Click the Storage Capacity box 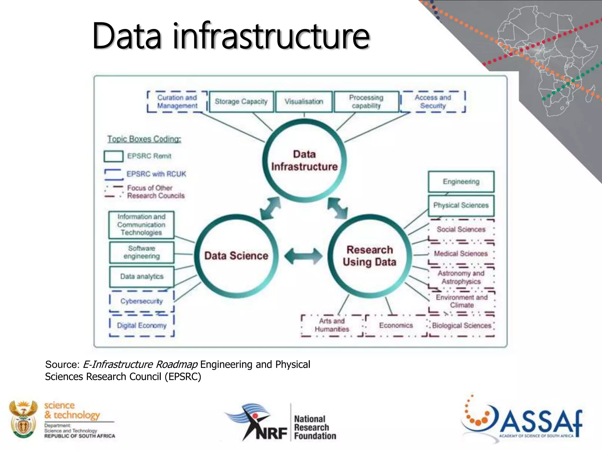click(x=241, y=102)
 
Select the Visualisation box click(x=304, y=102)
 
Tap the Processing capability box click(x=366, y=102)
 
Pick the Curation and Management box click(x=177, y=102)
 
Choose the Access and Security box click(x=433, y=102)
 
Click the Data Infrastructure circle click(x=304, y=160)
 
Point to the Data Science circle click(x=236, y=255)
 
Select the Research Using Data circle click(x=369, y=255)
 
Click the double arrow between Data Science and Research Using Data click(x=303, y=256)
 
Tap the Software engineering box click(x=142, y=252)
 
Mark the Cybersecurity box click(x=142, y=301)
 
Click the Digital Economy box click(x=142, y=325)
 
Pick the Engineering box click(x=461, y=182)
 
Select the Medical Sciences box click(x=461, y=253)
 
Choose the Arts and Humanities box click(x=332, y=325)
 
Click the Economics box click(x=396, y=325)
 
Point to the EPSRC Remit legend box click(x=113, y=156)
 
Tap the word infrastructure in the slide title click(x=271, y=36)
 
